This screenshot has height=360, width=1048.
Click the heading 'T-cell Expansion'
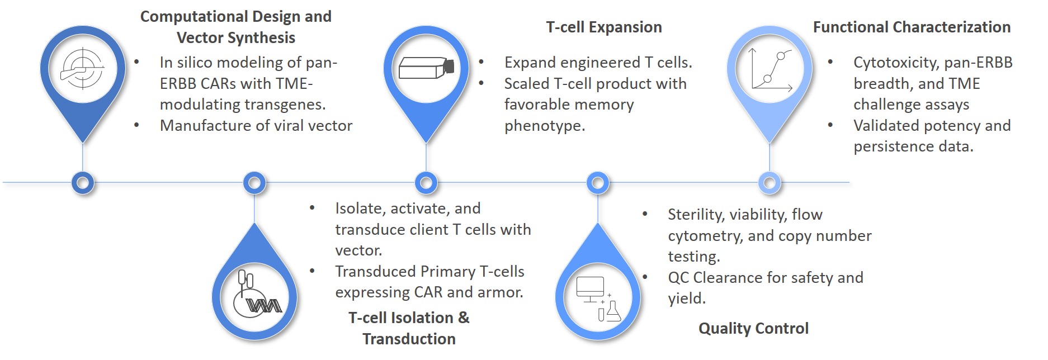[x=603, y=27]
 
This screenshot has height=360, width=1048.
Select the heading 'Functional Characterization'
[x=911, y=27]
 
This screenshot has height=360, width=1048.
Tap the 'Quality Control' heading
[x=753, y=329]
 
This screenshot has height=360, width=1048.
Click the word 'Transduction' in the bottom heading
[x=409, y=339]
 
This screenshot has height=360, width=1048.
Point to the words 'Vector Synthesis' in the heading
[x=235, y=38]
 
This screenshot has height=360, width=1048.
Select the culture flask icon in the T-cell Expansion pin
[x=426, y=69]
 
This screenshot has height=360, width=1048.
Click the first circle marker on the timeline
[x=83, y=183]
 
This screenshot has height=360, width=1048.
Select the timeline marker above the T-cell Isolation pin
[x=254, y=183]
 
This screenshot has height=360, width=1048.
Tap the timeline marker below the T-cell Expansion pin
[x=426, y=183]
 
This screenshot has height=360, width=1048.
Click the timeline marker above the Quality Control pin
[x=598, y=183]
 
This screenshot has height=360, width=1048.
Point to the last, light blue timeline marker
[x=770, y=183]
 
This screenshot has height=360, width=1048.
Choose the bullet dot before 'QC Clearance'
[x=645, y=277]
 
